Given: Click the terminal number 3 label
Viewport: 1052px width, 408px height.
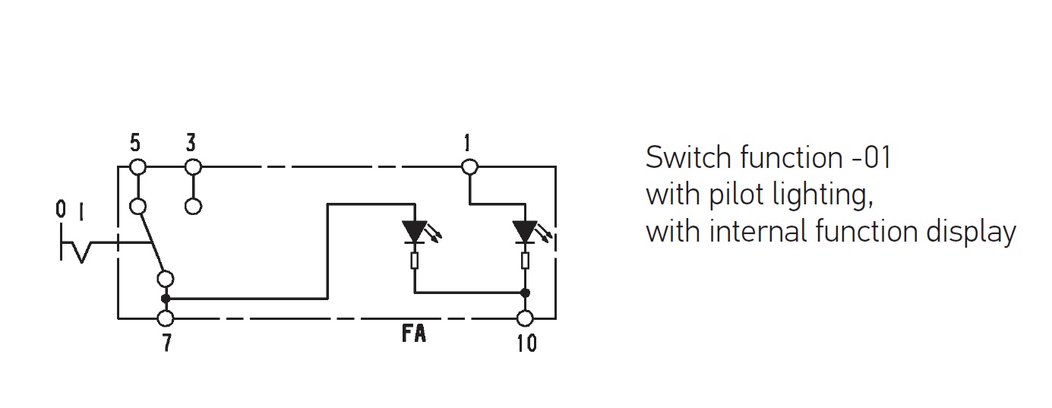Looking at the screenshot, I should pyautogui.click(x=191, y=143).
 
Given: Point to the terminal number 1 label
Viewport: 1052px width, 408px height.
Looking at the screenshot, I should pyautogui.click(x=466, y=143).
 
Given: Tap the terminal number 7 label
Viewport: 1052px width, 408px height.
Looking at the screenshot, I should pyautogui.click(x=166, y=343).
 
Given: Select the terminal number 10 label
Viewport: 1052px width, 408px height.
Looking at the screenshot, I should pyautogui.click(x=526, y=343).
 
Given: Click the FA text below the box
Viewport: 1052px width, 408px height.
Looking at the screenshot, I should pyautogui.click(x=414, y=334).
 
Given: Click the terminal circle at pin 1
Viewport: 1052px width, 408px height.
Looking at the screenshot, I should pyautogui.click(x=469, y=166).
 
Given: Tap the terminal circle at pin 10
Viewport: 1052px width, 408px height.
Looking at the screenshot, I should pyautogui.click(x=525, y=318).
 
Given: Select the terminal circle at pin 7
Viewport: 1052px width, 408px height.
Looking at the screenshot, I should pyautogui.click(x=166, y=318).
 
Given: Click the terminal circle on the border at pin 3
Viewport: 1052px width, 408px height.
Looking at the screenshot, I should pyautogui.click(x=193, y=166).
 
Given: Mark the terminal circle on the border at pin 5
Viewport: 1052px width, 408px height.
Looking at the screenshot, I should pyautogui.click(x=137, y=166).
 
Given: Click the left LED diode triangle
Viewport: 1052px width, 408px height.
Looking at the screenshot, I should pyautogui.click(x=415, y=231).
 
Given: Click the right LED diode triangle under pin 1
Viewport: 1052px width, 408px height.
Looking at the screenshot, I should pyautogui.click(x=525, y=231).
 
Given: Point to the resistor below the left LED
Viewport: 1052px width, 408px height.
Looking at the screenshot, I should pyautogui.click(x=415, y=261).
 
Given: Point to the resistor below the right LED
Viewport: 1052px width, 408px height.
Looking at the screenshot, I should pyautogui.click(x=525, y=261).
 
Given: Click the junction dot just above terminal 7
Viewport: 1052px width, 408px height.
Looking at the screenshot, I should pyautogui.click(x=166, y=299).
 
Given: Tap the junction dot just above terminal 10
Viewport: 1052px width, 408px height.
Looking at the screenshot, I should pyautogui.click(x=525, y=293).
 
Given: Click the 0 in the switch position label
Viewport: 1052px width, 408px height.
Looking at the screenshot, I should pyautogui.click(x=61, y=210).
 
